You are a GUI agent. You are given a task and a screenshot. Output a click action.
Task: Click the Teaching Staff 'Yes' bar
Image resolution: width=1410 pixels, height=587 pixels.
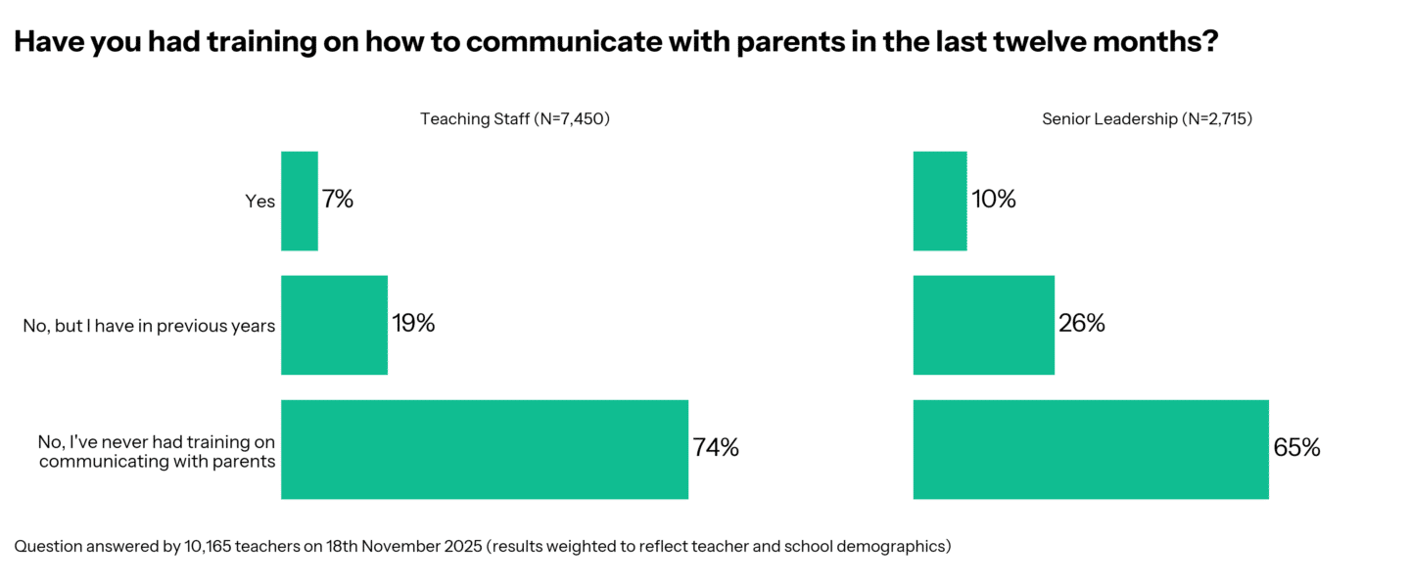tap(300, 201)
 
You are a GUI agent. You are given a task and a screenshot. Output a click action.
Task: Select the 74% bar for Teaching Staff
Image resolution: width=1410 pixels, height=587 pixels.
tap(485, 449)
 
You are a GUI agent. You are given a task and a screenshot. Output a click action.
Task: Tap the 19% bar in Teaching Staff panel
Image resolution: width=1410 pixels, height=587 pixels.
tap(334, 325)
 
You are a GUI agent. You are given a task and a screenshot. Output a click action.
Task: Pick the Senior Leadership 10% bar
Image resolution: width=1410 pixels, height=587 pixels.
tap(940, 201)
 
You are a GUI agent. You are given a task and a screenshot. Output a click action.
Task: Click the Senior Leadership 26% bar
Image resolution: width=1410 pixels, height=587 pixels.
tap(984, 325)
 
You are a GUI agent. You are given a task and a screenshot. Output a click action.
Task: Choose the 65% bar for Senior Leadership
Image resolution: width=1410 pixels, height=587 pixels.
tap(1091, 449)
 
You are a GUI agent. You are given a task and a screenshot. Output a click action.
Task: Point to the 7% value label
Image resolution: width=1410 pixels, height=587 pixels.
tap(338, 201)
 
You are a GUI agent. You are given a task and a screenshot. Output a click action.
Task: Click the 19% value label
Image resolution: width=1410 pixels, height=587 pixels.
tap(413, 325)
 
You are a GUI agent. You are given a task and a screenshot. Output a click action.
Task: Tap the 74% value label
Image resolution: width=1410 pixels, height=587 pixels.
tap(716, 449)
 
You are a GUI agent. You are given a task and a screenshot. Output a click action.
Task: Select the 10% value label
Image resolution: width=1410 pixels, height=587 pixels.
tap(994, 201)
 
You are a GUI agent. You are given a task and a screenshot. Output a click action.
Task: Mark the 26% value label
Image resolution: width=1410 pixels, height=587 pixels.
tap(1082, 325)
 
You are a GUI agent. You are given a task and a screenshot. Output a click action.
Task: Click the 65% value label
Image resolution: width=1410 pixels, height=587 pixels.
tap(1296, 449)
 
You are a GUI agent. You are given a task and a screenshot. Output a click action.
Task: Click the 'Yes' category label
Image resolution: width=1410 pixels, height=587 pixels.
tap(259, 202)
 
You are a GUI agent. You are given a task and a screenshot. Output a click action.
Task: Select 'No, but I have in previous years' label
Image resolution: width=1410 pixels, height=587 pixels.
tap(149, 326)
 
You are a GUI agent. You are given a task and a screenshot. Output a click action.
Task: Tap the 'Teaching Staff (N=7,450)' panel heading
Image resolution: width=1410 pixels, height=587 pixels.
tap(515, 119)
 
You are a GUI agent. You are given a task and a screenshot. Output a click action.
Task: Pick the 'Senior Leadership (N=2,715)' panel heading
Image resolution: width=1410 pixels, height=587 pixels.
tap(1147, 119)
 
